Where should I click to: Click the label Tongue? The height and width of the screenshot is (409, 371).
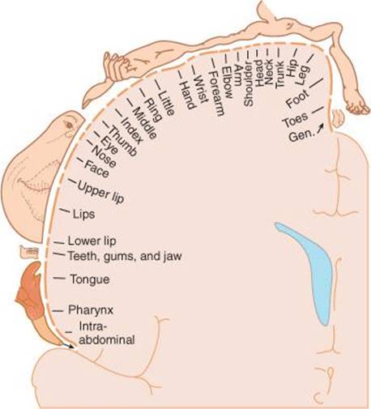pos(90,279)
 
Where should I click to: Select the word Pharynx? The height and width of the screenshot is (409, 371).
pos(91,310)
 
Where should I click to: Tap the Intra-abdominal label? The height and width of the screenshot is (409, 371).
pos(107,334)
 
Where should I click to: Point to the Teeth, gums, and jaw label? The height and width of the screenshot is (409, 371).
pos(125,256)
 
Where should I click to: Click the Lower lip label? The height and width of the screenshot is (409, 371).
pos(92,241)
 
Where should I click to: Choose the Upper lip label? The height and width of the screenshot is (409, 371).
pos(100,192)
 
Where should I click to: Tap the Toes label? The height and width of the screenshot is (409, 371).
pos(295,120)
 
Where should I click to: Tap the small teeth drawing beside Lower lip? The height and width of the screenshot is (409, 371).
pos(29,252)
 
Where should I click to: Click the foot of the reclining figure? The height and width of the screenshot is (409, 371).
pos(357,107)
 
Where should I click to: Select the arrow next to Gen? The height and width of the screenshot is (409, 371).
pos(320,127)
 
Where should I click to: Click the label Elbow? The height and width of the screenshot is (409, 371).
pos(227,82)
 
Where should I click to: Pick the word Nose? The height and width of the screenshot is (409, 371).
pos(104,156)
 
